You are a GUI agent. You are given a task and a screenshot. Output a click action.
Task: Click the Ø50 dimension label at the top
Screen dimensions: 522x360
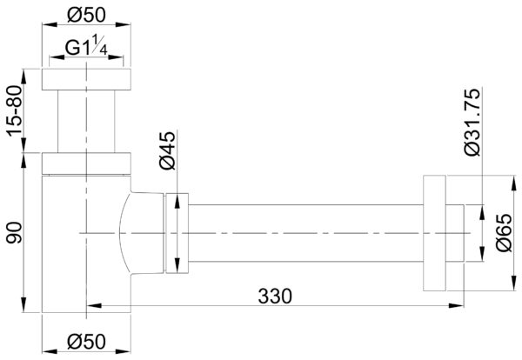[x=86, y=15]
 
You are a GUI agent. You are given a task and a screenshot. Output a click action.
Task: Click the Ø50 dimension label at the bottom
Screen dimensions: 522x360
[x=86, y=342]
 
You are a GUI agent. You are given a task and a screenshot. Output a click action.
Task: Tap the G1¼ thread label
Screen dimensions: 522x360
[x=86, y=46]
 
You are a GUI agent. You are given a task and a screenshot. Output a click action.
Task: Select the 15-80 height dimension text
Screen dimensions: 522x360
[x=15, y=110]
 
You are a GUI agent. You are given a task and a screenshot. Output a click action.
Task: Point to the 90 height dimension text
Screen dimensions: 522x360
[x=15, y=232]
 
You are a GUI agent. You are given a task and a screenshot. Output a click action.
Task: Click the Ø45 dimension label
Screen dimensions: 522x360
[x=167, y=150]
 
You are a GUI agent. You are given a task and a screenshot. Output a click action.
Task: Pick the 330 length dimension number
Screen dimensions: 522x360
[x=275, y=297]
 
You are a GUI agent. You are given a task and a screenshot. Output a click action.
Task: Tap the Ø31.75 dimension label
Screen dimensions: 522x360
[x=472, y=122]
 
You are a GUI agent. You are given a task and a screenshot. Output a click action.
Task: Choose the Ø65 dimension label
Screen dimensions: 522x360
[x=504, y=232]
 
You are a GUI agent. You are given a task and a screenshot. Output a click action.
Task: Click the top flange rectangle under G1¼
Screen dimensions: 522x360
[x=86, y=79]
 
